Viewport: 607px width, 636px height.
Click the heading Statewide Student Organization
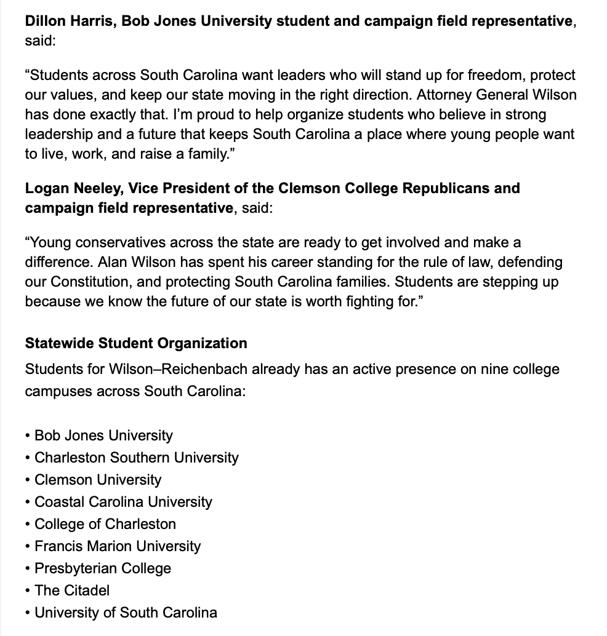point(136,343)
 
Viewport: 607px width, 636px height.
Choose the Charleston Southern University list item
point(137,458)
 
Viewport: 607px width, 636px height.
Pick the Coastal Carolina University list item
point(123,502)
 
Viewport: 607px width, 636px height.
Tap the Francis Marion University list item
point(118,546)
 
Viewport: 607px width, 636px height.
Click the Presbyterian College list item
point(103,568)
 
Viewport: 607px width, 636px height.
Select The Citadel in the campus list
point(72,590)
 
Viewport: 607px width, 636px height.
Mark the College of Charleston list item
point(105,524)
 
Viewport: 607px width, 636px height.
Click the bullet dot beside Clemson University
point(28,480)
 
